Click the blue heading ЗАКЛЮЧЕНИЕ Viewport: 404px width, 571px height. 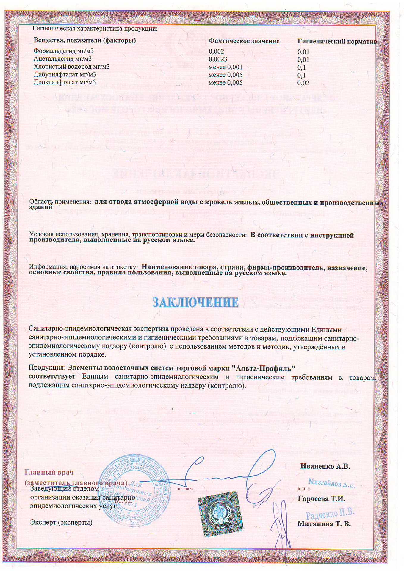point(195,302)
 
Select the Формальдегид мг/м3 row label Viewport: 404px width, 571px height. point(63,51)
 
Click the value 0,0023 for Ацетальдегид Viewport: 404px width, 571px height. point(218,59)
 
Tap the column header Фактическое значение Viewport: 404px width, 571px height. point(244,41)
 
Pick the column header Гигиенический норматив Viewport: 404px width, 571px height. point(337,42)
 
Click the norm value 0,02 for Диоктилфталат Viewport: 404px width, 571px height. point(303,83)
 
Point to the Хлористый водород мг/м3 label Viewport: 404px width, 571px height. point(71,67)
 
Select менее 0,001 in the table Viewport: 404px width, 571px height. point(226,67)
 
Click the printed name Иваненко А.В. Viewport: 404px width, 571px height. point(325,466)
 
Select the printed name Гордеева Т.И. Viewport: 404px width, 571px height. point(321,499)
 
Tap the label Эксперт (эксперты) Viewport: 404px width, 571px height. point(61,523)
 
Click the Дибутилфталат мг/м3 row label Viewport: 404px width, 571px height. point(65,74)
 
